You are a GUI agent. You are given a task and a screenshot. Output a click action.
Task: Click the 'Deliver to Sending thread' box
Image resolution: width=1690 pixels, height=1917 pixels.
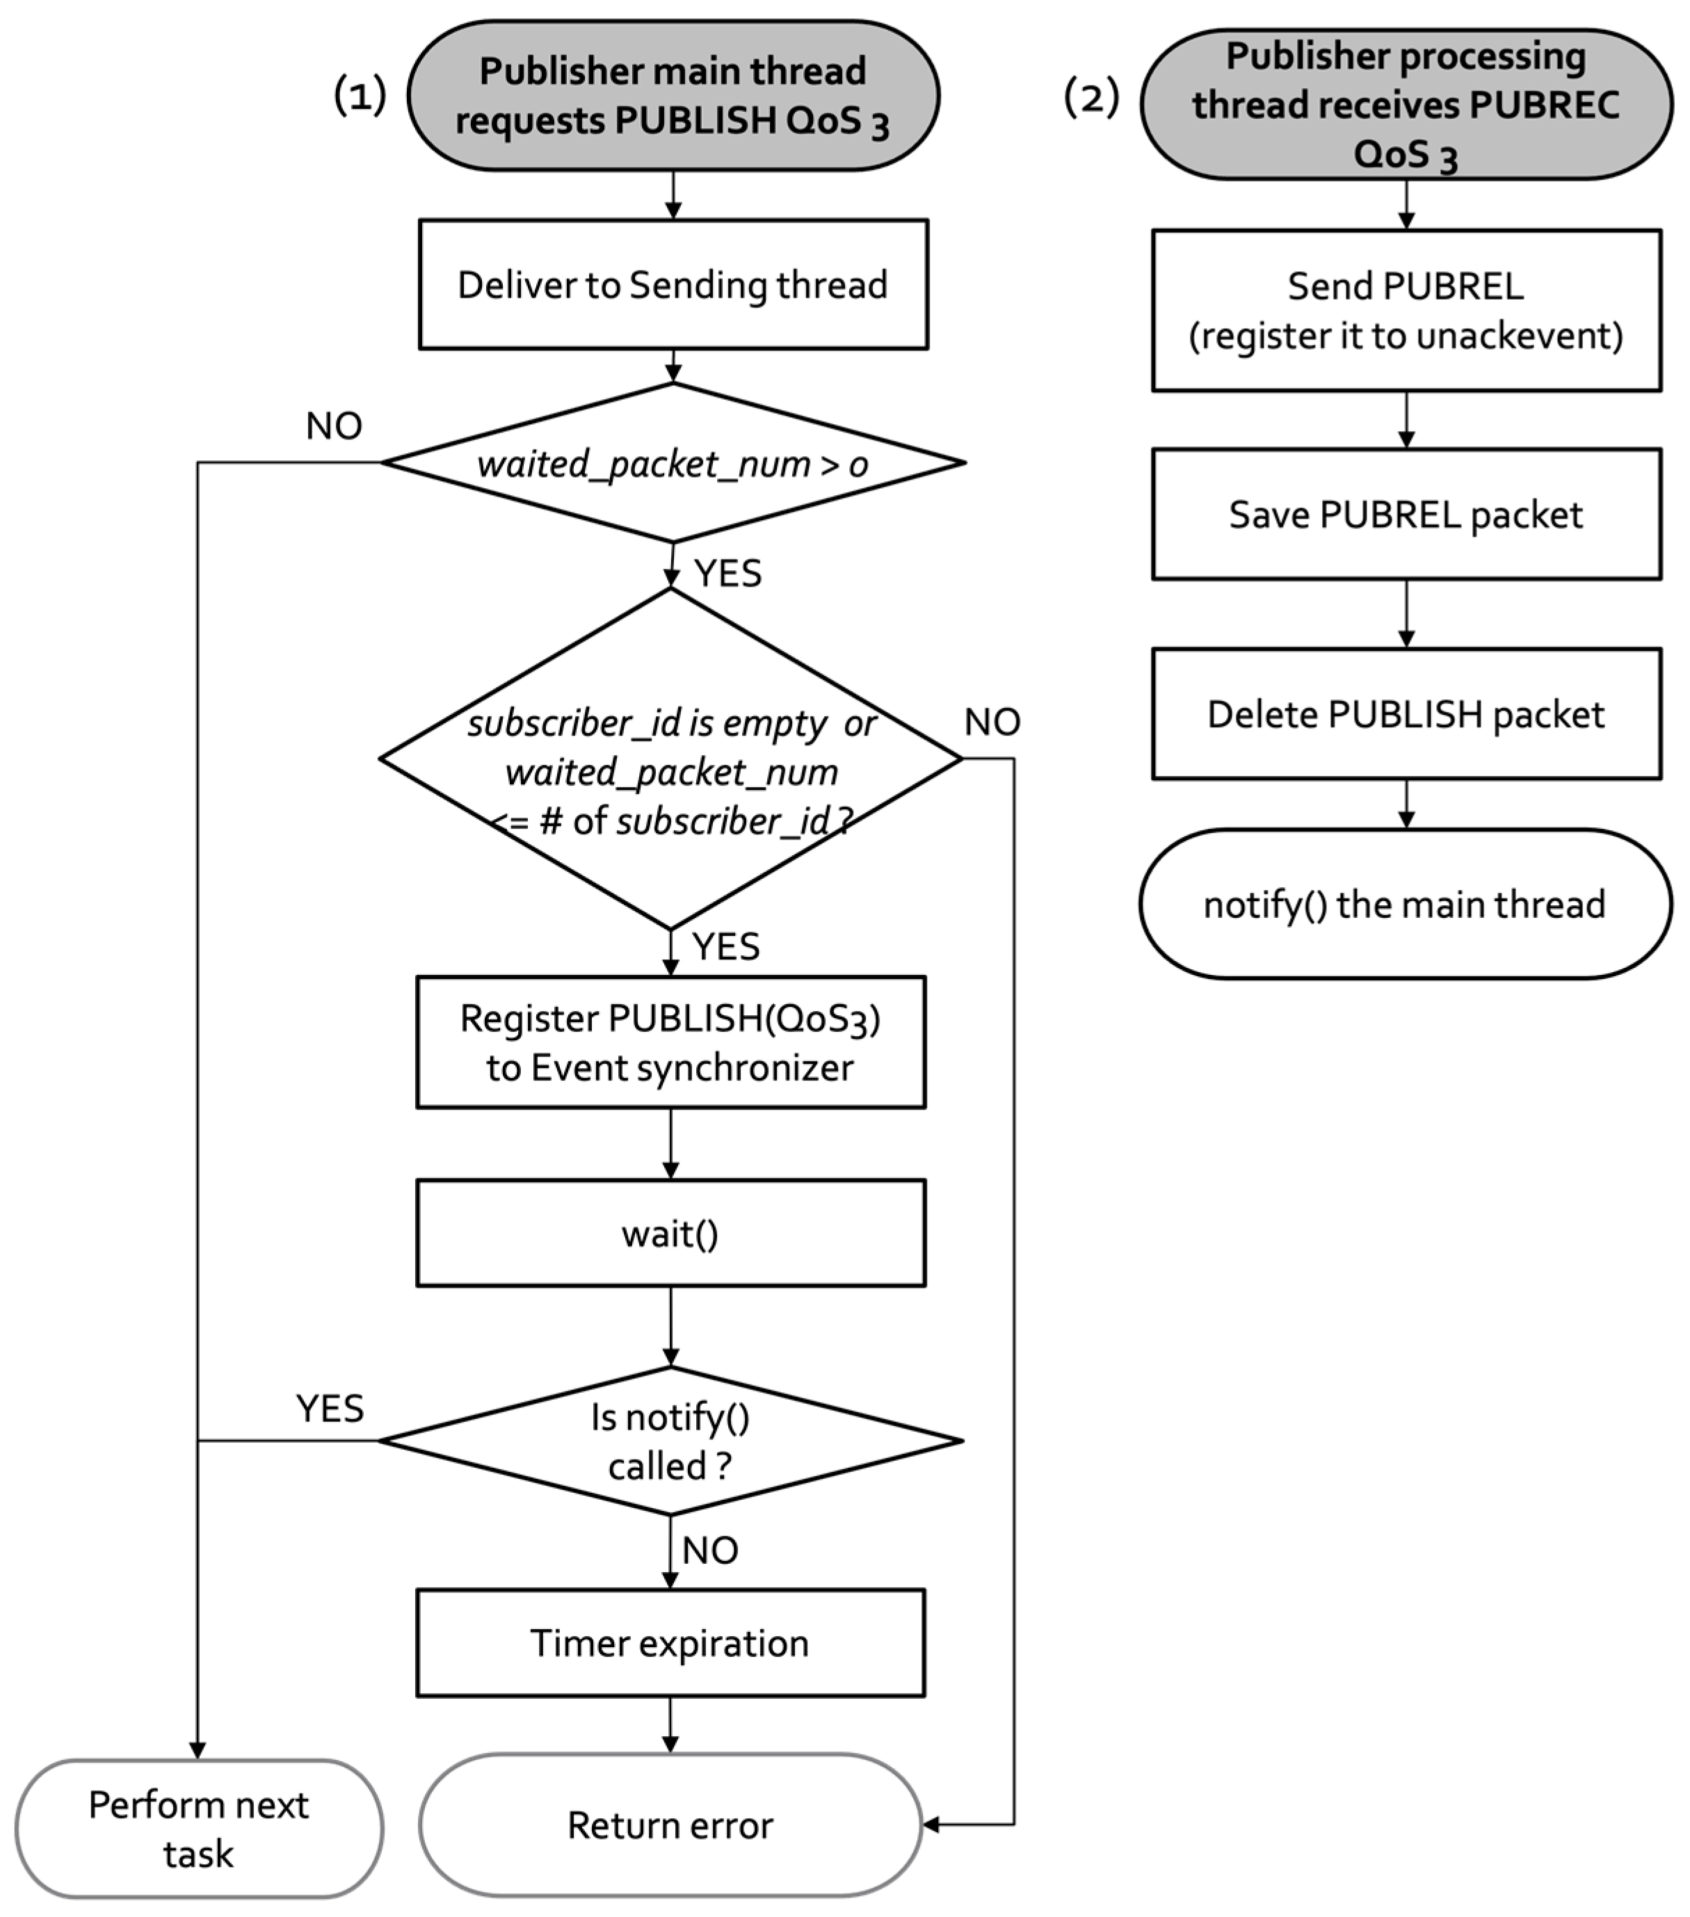click(673, 284)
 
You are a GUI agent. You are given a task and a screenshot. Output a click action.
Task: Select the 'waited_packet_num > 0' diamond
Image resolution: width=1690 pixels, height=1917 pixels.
click(673, 462)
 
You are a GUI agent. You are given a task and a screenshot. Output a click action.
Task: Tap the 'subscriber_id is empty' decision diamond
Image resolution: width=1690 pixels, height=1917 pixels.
click(670, 758)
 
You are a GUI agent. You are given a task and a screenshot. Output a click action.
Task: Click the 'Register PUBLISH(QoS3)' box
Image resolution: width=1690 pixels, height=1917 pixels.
click(670, 1042)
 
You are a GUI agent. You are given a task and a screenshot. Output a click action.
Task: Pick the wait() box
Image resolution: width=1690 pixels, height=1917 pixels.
click(670, 1233)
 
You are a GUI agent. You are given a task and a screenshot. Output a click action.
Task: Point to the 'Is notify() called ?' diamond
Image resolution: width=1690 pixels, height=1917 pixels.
click(670, 1441)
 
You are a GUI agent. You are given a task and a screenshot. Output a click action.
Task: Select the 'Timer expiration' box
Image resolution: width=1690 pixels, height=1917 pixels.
click(670, 1643)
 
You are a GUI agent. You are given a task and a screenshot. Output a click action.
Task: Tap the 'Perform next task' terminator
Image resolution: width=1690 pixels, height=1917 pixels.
click(199, 1829)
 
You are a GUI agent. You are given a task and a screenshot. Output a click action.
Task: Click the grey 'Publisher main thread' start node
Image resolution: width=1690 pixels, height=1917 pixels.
click(673, 96)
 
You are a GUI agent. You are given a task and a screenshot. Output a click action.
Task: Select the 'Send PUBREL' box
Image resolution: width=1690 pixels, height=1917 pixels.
click(1406, 310)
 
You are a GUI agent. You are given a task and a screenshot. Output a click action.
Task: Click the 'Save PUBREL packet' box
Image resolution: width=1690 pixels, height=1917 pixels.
click(1406, 514)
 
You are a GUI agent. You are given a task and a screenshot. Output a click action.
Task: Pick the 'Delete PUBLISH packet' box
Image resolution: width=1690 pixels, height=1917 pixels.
click(1406, 713)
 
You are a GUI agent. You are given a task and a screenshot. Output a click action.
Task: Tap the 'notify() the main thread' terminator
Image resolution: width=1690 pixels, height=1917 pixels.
click(1406, 904)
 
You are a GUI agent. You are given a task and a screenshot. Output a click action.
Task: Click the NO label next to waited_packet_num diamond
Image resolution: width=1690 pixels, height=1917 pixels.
click(334, 426)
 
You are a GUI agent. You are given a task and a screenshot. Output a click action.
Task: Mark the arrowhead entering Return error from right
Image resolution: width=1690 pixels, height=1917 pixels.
click(931, 1824)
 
